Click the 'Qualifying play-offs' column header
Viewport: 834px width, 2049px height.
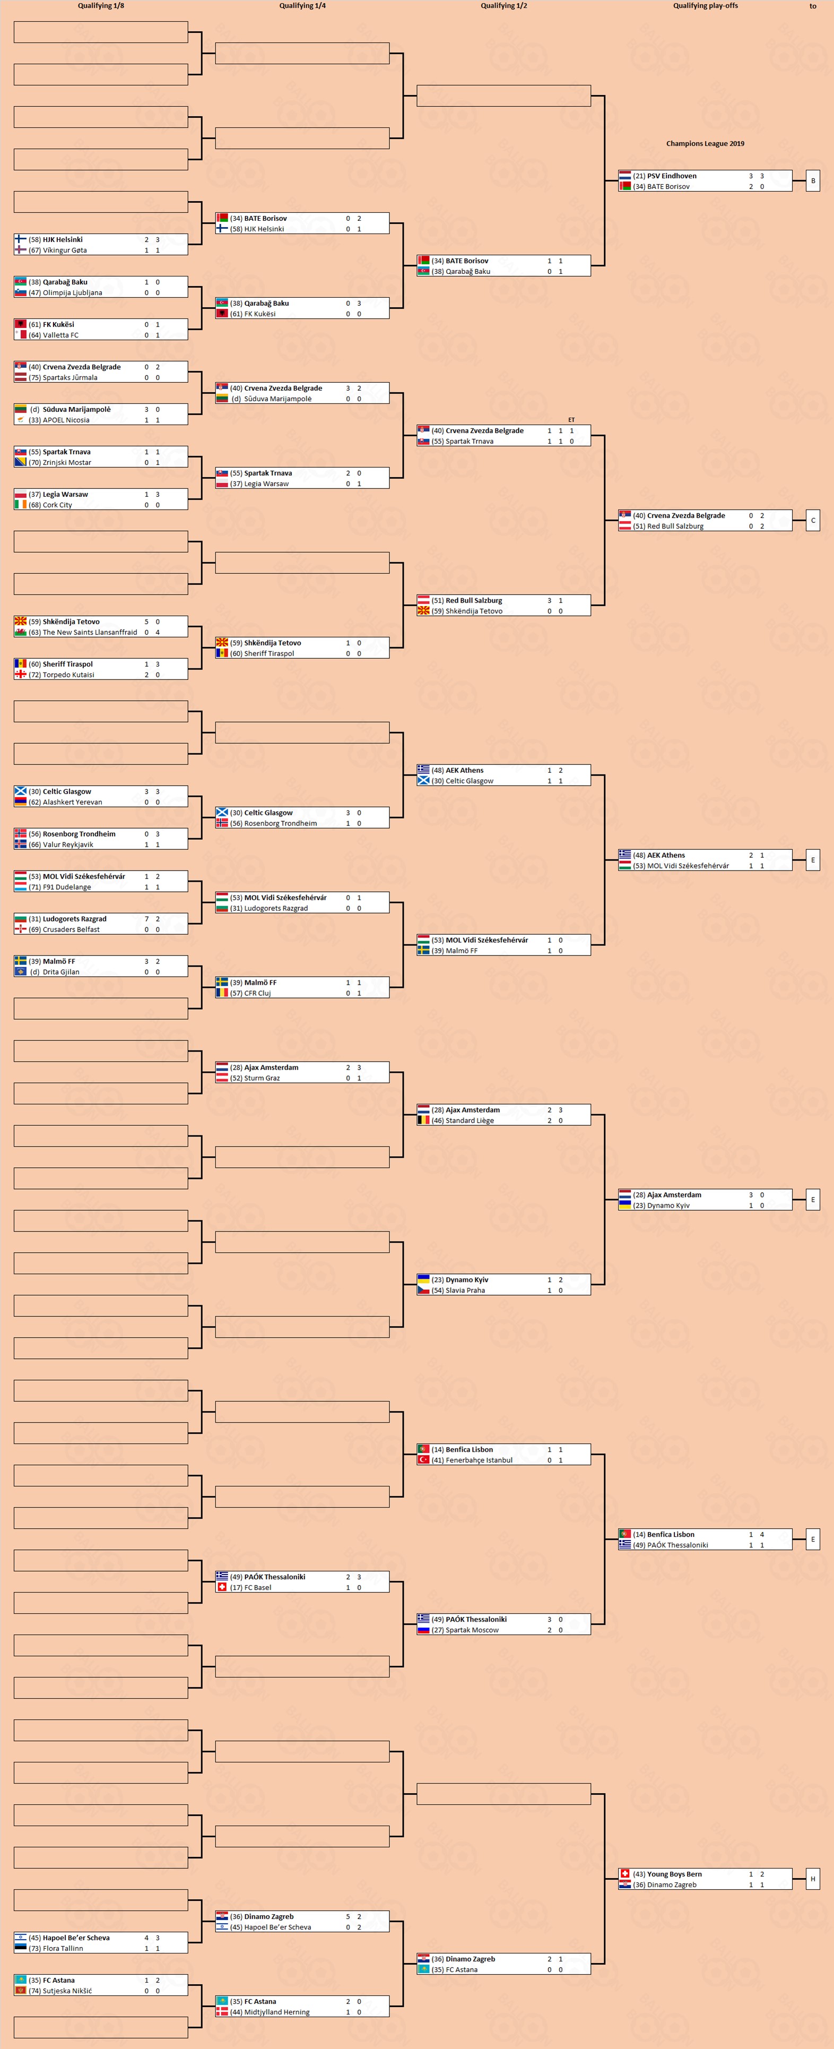705,5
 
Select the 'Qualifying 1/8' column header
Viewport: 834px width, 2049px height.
101,5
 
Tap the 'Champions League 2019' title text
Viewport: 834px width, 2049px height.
705,144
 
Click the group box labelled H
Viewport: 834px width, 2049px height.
813,1879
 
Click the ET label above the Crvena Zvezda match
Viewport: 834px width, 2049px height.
571,420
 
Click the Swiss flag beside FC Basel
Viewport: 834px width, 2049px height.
222,1587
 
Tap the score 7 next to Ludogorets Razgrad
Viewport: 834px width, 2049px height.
146,919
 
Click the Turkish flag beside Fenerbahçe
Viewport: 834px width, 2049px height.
424,1460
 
